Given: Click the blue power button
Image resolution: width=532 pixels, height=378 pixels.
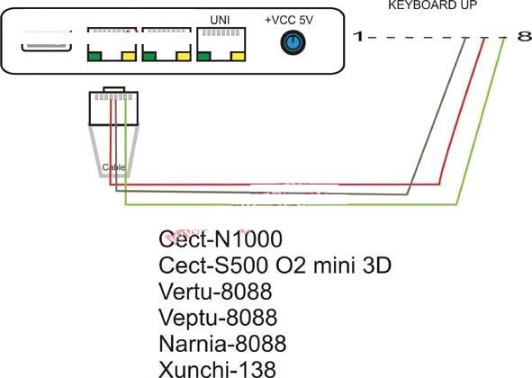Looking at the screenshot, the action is [x=293, y=43].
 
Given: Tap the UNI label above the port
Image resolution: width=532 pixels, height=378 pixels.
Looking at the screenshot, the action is [x=220, y=20].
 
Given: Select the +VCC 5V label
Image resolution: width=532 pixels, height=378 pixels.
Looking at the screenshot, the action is [x=289, y=20].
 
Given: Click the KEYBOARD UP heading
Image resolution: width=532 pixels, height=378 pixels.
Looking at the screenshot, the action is [x=433, y=4].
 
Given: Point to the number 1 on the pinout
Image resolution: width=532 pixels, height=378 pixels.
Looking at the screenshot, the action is [x=358, y=36].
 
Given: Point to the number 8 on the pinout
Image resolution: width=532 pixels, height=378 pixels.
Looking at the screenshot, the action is [x=524, y=36].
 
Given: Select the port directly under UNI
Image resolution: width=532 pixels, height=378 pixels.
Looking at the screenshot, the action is [x=221, y=44].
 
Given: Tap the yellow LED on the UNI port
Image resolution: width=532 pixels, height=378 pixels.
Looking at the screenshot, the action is [x=238, y=56].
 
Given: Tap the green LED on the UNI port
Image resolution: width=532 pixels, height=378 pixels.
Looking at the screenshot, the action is [x=203, y=56].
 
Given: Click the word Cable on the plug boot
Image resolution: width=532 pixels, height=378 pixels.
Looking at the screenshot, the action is [x=113, y=167].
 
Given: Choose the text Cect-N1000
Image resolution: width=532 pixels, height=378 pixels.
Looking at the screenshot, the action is [x=221, y=238].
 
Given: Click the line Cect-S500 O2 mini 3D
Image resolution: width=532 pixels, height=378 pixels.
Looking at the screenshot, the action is [x=275, y=265].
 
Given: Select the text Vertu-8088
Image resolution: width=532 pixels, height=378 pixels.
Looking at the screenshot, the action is [x=215, y=291].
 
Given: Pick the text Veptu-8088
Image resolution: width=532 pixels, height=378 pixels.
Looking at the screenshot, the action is [x=218, y=318].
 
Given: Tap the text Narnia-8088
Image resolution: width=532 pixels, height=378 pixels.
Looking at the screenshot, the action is [x=222, y=343].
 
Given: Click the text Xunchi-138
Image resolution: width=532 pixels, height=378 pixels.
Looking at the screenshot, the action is [x=217, y=369].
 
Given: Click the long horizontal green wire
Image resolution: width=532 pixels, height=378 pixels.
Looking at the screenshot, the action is [x=291, y=204].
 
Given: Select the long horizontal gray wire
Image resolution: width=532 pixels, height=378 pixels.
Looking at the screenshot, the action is [x=261, y=193].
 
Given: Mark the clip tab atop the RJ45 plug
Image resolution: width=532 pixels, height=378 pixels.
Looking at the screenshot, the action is [x=114, y=89].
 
